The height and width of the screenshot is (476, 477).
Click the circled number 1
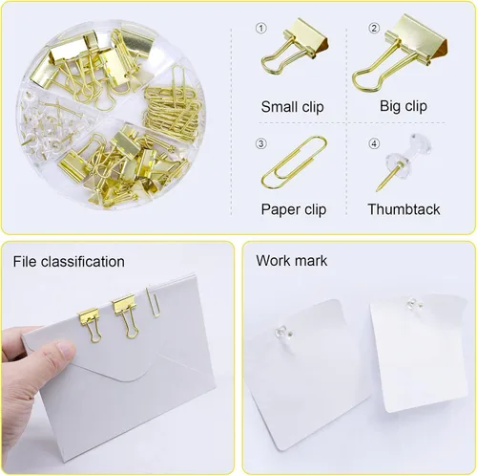pos(261,27)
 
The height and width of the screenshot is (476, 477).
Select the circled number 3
pos(260,144)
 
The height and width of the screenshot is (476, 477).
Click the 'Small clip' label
pos(292,107)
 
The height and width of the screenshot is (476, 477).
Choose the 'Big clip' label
pos(403,107)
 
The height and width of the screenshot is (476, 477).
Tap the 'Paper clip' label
pos(293,208)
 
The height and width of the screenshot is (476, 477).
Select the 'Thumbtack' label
pos(404,208)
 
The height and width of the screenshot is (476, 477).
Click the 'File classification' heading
pos(69,261)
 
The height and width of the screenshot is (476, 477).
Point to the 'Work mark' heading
pos(292,261)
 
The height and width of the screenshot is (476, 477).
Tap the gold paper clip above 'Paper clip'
pos(292,163)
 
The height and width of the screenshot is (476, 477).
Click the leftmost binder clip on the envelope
pos(90,322)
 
